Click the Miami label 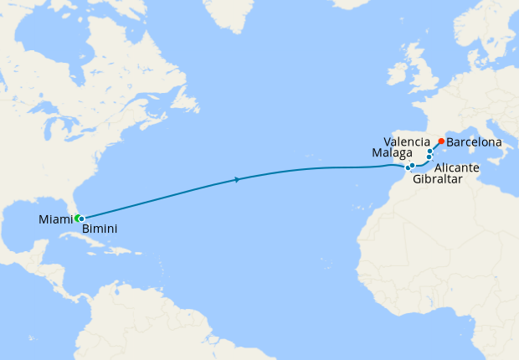pos(54,220)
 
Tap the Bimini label pos(99,229)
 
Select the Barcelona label pos(475,142)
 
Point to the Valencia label pos(407,141)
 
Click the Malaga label pos(392,153)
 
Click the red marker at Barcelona pos(441,141)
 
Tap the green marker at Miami pos(77,219)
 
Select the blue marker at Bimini pos(81,219)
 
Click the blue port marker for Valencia pos(430,152)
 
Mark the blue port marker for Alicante pos(429,157)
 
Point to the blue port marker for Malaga pos(413,166)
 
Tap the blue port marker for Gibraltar pos(408,167)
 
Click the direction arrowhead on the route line pos(238,179)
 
